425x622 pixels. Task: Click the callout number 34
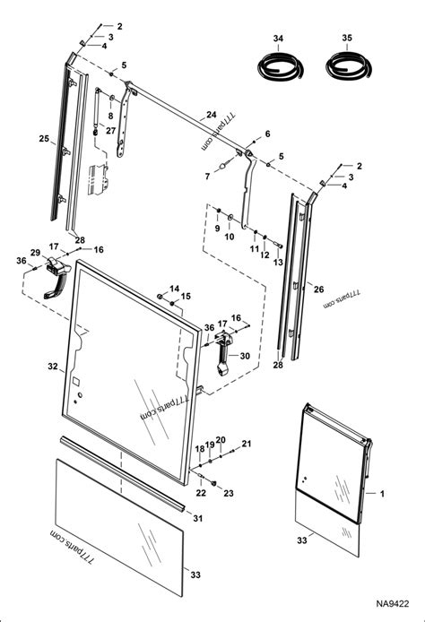(x=278, y=39)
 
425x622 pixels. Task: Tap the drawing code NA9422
(x=392, y=606)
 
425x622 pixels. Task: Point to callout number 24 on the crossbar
(x=211, y=114)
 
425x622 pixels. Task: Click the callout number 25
(x=43, y=138)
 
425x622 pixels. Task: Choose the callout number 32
(x=52, y=366)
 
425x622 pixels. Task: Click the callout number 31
(x=197, y=519)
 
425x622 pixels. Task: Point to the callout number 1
(x=382, y=494)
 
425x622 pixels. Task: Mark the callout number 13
(x=278, y=263)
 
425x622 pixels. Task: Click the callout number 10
(x=230, y=238)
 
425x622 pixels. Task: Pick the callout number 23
(x=228, y=493)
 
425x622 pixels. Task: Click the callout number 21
(x=247, y=444)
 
